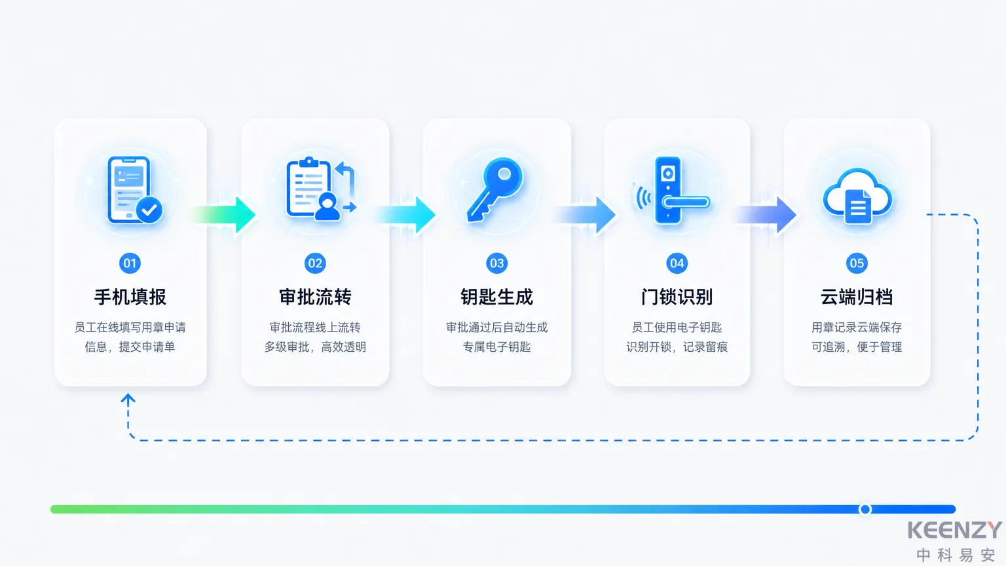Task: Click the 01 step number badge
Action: (x=130, y=263)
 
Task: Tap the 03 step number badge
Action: (x=496, y=263)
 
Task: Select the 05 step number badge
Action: (x=857, y=263)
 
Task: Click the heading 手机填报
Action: (x=130, y=297)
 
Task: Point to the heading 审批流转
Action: (x=315, y=297)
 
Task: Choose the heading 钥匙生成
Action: (x=496, y=297)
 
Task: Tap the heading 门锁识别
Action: (x=677, y=297)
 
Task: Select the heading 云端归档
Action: (x=857, y=297)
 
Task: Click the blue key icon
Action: (x=494, y=189)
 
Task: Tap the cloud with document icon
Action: (x=857, y=196)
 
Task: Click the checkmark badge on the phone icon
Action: (x=149, y=210)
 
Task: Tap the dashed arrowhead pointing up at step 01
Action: (x=128, y=400)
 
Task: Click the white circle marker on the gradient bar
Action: (x=865, y=509)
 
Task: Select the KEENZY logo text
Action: (x=955, y=530)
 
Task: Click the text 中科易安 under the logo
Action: (x=956, y=556)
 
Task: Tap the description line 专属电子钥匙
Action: (x=496, y=347)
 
